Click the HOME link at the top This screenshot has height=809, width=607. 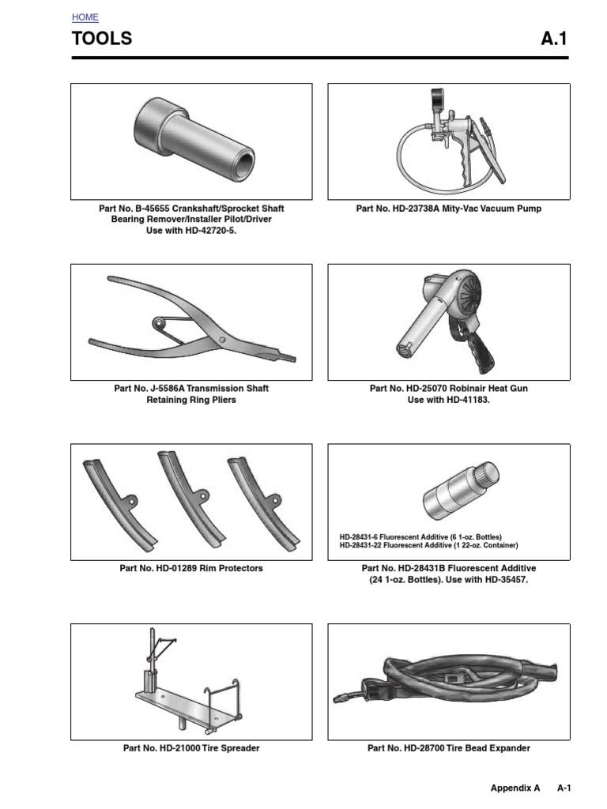click(85, 17)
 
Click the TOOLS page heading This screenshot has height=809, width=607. click(102, 39)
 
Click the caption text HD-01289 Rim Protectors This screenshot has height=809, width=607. click(191, 568)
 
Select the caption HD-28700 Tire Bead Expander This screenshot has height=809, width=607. click(448, 748)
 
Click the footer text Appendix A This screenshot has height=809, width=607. click(515, 788)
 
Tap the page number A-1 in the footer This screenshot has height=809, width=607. click(564, 788)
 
